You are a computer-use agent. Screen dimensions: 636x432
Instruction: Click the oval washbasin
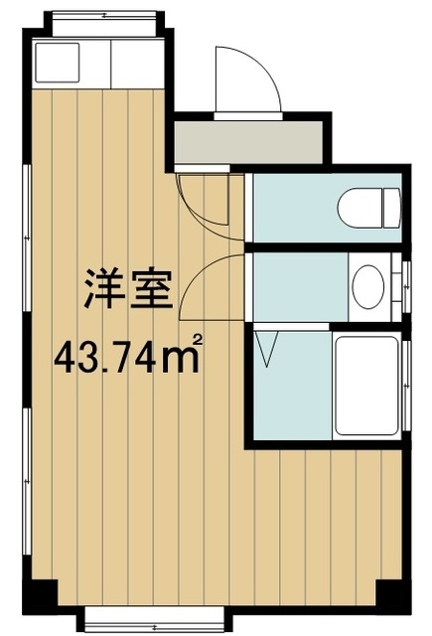(367, 284)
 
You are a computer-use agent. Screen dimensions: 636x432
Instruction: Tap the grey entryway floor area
(249, 144)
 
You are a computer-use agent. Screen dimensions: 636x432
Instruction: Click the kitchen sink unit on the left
(69, 62)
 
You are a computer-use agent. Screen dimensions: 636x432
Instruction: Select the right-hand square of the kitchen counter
(135, 62)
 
